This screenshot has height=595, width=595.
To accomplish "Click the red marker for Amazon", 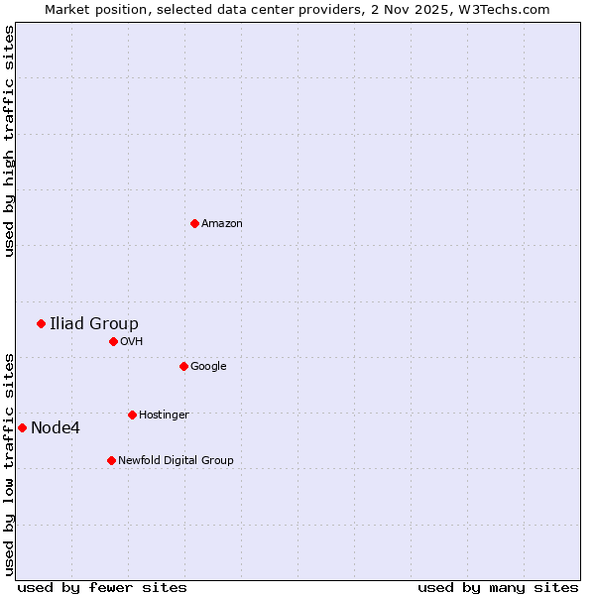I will pos(194,223).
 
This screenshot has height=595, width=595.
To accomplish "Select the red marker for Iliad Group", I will pos(41,323).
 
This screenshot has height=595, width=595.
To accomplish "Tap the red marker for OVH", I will pos(113,341).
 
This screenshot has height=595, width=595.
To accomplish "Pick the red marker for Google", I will pos(183,366).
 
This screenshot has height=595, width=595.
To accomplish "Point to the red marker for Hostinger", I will pos(132,415).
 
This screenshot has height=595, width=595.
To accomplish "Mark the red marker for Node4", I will pos(22,427).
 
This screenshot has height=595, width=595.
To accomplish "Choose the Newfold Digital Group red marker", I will pos(111,460).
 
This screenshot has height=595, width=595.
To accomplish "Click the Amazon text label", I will pos(221,224).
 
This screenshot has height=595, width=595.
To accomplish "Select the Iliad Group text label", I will pos(94,323).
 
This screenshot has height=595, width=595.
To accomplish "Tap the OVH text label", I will pos(132,342).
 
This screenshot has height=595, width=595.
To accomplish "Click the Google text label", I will pos(208,367).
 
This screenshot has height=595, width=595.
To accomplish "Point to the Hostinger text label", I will pos(164,416).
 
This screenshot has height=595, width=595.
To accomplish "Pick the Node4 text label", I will pos(56,428).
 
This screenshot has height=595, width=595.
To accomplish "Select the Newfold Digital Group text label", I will pos(176,461).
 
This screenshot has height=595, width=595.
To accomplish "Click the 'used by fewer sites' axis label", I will pos(102,587).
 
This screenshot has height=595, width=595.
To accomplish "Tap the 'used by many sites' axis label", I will pos(498,587).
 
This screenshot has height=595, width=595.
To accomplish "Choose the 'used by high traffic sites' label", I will pos(9,141).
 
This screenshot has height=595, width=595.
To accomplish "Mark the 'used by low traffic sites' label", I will pos(9,464).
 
